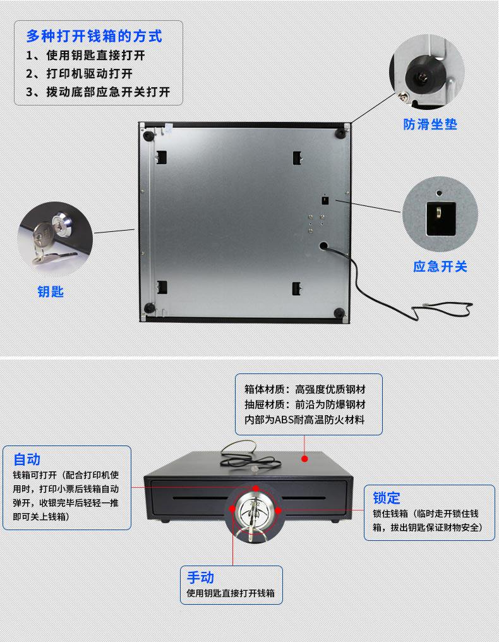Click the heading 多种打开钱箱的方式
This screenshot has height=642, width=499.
[94, 36]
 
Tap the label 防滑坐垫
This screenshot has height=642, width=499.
[430, 124]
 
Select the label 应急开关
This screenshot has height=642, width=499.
[440, 267]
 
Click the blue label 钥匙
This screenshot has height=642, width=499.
[51, 292]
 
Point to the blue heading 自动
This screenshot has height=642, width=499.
[27, 459]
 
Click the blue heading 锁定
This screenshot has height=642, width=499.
[386, 497]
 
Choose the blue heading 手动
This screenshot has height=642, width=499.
[200, 577]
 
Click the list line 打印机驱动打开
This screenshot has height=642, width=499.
[89, 73]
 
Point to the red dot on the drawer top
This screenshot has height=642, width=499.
[304, 457]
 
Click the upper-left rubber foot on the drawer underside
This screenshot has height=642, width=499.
[148, 135]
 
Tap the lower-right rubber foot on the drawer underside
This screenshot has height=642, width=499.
[339, 312]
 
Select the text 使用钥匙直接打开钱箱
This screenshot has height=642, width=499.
[231, 594]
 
